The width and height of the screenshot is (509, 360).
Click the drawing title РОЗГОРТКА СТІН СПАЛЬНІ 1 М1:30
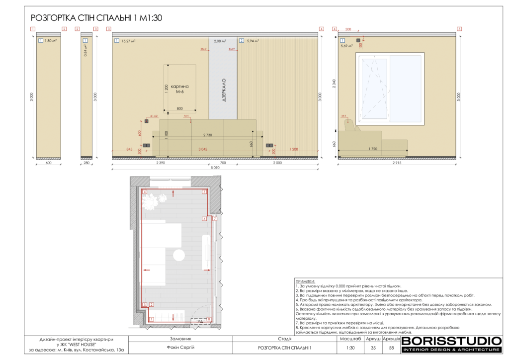[x=96, y=18]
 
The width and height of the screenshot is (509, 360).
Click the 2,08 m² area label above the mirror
[x=220, y=41]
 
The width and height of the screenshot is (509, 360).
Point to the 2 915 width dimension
[x=396, y=163]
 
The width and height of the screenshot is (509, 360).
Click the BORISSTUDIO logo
[x=451, y=341]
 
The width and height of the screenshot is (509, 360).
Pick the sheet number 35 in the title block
[x=373, y=348]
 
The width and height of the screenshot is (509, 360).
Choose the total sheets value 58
[x=391, y=348]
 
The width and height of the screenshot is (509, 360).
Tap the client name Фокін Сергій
[x=180, y=348]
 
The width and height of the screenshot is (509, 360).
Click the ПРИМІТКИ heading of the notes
[x=305, y=281]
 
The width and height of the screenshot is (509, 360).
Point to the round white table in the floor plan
[x=179, y=256]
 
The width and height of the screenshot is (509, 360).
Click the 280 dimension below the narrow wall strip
[x=87, y=163]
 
